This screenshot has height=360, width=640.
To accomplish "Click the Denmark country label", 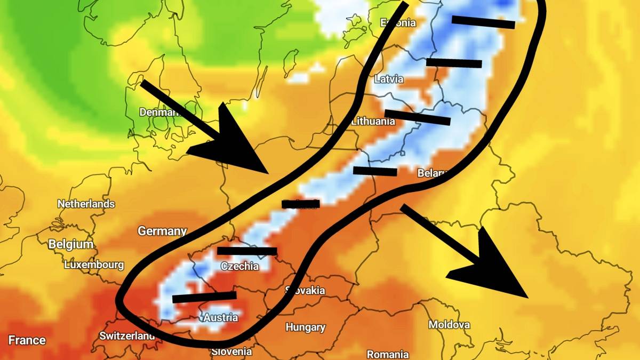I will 160,112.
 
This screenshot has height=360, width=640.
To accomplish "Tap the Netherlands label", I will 86,204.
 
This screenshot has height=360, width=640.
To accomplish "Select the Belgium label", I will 71,244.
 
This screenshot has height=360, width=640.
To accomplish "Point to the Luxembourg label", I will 94,265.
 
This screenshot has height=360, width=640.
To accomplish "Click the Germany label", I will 162,231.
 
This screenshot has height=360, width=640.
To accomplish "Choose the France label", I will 27,340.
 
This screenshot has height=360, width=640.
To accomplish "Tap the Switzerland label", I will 127,336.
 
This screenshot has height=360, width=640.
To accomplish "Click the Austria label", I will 221,318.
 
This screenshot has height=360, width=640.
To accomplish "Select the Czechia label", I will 239,266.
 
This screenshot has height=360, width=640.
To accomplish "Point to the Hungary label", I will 306,327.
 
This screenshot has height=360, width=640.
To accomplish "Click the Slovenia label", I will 231,351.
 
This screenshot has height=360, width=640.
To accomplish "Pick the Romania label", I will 388,354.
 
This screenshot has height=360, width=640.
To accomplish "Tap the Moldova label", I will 449,324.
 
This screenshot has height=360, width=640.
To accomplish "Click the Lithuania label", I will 373,121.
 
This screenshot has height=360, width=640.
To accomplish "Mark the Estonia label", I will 397,22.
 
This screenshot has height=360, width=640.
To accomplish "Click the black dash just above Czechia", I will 247,251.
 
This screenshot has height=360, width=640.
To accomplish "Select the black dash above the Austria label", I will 204,297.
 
